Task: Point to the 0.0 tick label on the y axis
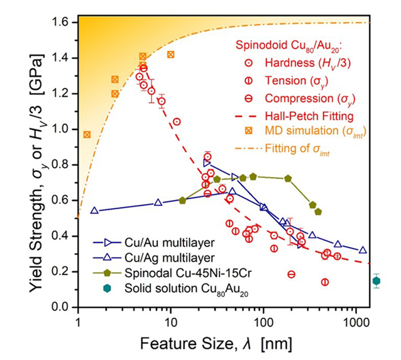62,307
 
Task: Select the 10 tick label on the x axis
170,321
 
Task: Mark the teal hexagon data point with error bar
376,281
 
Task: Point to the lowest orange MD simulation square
87,134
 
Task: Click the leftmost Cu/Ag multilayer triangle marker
94,210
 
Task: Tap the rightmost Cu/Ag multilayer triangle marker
363,250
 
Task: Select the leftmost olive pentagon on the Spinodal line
182,200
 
